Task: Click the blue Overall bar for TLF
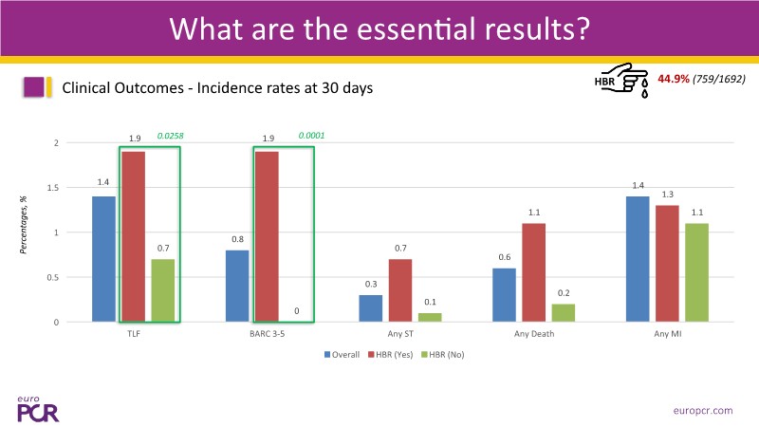coord(103,259)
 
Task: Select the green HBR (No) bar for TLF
coord(163,290)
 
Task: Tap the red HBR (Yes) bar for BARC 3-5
coord(267,236)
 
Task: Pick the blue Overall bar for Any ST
coord(370,308)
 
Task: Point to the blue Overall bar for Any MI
coord(638,259)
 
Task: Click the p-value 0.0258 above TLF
coord(170,136)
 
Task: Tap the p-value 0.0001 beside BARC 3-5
coord(311,136)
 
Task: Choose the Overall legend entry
coord(339,355)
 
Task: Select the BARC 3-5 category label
coord(267,334)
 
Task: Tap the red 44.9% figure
coord(675,78)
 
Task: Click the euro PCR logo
coord(38,406)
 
